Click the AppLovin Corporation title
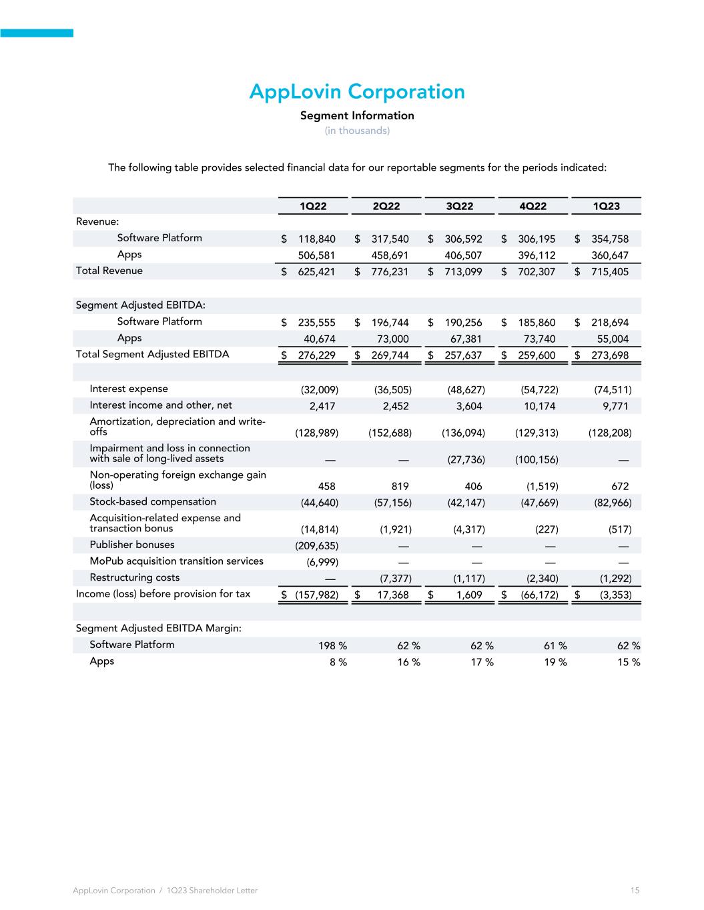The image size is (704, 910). point(357,91)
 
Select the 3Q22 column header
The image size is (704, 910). point(459,206)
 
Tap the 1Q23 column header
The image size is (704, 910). point(606,206)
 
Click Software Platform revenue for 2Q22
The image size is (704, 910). point(390,239)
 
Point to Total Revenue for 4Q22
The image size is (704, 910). point(537,272)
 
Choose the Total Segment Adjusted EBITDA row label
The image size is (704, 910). point(152,354)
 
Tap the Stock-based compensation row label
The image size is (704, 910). point(153,502)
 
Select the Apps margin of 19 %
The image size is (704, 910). point(553,662)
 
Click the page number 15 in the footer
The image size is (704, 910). point(634,891)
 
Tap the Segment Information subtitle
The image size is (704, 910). point(357,115)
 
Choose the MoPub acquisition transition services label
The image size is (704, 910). point(176,561)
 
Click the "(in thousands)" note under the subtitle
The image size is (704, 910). point(357,131)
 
